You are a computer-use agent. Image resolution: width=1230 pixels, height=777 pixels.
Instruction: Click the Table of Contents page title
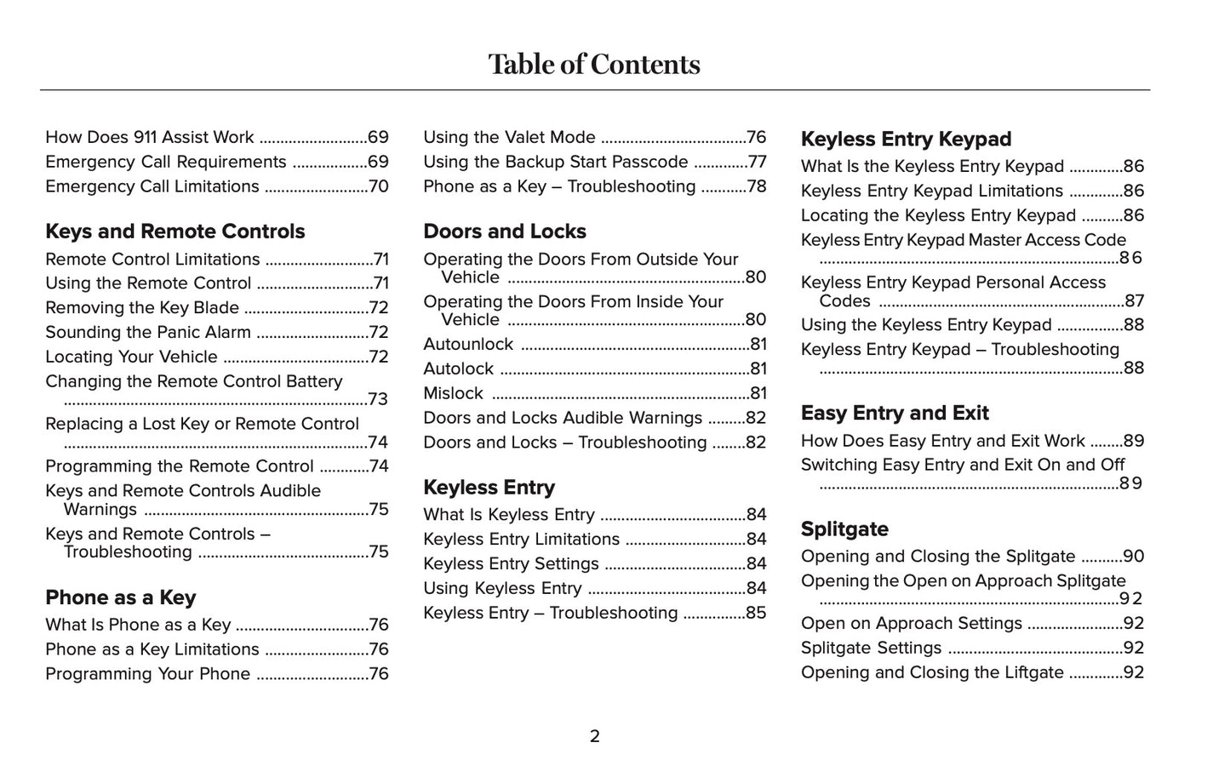[594, 65]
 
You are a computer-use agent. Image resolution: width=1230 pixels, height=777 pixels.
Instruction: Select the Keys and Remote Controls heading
[174, 231]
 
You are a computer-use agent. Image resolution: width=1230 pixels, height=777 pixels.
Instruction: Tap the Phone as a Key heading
[120, 597]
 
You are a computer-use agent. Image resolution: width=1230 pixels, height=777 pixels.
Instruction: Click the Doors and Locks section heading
[504, 231]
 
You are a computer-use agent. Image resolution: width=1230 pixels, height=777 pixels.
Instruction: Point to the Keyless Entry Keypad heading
[906, 140]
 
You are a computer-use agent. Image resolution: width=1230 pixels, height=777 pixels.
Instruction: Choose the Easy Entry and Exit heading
[894, 414]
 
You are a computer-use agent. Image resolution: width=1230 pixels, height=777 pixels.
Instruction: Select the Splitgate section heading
[844, 529]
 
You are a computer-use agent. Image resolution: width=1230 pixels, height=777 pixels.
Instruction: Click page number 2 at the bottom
[594, 736]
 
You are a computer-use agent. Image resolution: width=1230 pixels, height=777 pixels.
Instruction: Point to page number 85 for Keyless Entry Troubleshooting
[756, 614]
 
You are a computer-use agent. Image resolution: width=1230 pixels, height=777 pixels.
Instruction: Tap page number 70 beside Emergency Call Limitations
[378, 187]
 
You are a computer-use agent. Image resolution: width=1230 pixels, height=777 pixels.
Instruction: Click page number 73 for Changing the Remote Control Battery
[378, 400]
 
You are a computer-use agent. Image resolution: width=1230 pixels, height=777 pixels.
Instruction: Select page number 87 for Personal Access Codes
[1134, 301]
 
